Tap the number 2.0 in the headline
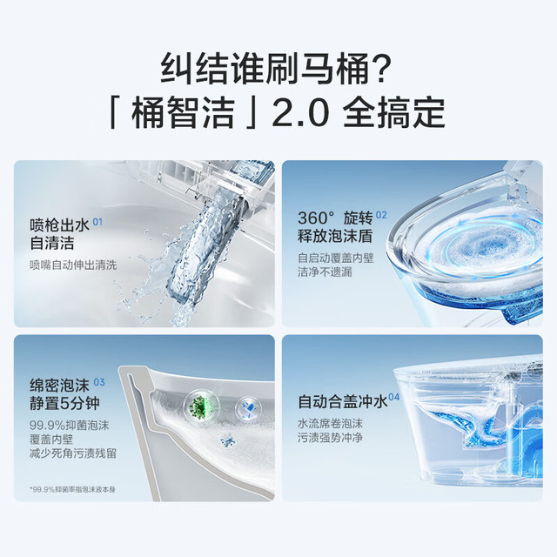[301, 113]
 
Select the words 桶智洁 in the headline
[184, 113]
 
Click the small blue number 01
[97, 222]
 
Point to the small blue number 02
[381, 215]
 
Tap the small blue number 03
[99, 382]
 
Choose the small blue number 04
[394, 397]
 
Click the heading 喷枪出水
[59, 225]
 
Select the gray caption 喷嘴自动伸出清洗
[73, 265]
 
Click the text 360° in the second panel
[316, 218]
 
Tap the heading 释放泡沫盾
[335, 236]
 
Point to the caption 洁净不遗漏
[325, 272]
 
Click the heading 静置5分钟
[64, 403]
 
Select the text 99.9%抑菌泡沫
[70, 426]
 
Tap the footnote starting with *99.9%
[72, 489]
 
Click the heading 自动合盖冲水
[343, 402]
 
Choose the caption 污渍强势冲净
[330, 438]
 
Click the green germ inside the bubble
[199, 406]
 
